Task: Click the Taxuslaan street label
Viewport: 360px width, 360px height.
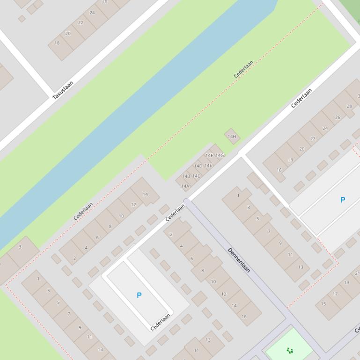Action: [x=63, y=90]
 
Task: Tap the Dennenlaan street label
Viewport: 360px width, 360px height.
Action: [x=239, y=260]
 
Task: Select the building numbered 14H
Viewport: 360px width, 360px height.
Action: [x=232, y=137]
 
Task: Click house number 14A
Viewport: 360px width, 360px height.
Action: [x=185, y=186]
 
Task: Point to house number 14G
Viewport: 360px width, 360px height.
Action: [x=219, y=155]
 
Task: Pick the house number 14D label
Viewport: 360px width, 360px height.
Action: [x=198, y=166]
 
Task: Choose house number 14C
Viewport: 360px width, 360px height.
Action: [x=196, y=176]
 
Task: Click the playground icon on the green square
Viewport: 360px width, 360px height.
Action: [x=290, y=350]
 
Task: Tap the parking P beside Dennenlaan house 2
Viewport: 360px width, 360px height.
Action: [x=139, y=295]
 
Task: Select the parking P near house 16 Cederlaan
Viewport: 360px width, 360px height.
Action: [x=342, y=200]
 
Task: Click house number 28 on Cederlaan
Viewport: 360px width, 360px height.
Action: [x=349, y=106]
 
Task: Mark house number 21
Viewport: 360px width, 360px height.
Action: [x=357, y=273]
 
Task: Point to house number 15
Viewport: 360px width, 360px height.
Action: [x=323, y=304]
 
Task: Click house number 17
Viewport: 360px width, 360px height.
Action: [x=335, y=294]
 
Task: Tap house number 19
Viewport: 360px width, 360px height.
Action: [x=346, y=282]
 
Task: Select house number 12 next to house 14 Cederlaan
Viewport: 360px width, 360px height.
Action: [x=133, y=205]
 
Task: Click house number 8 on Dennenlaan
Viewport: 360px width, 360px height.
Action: [x=202, y=270]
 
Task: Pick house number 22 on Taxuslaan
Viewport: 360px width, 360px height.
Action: [x=81, y=22]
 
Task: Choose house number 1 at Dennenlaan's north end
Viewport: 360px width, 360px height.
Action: [x=238, y=195]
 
